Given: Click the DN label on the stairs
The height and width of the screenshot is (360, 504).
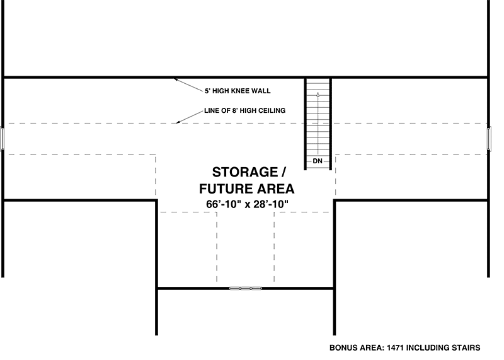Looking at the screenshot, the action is pos(318,161).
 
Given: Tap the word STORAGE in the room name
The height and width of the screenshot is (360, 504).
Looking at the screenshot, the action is pos(245,172).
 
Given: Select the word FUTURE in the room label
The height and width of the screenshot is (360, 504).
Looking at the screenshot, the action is pos(224,189).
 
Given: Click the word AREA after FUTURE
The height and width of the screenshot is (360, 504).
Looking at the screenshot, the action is pos(273,189).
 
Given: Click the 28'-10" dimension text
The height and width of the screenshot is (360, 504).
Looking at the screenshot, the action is pos(271,204).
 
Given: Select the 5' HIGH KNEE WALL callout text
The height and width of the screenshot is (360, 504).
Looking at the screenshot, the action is pos(238,91).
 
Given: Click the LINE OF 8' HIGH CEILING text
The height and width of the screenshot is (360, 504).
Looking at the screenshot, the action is pos(244,111).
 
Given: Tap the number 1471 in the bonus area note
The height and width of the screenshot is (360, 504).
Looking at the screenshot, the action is pos(396,348).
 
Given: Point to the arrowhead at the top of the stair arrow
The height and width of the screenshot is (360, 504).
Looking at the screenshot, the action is pos(318,95).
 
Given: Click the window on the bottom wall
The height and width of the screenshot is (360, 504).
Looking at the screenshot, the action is pos(245,288).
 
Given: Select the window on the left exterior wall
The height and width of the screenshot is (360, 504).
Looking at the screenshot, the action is pos(3,139).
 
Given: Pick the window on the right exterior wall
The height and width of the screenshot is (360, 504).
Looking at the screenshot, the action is pos(490,139).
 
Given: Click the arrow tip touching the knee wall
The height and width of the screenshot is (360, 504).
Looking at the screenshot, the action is pos(175,79).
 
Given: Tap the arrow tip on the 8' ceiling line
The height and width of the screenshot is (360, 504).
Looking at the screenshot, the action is pos(177,123).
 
